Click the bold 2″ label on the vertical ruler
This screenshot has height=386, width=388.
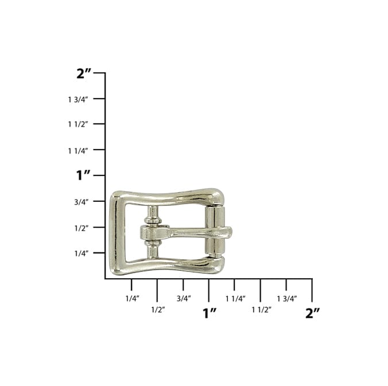click(x=84, y=73)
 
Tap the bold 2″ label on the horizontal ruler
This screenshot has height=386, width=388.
click(x=312, y=313)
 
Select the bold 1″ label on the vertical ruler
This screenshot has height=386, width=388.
click(x=84, y=176)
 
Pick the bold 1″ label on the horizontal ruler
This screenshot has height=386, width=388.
click(x=209, y=313)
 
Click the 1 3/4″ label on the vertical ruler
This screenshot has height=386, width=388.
click(x=78, y=99)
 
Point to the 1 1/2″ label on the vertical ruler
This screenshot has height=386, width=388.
click(x=78, y=124)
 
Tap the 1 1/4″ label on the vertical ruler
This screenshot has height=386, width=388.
click(x=78, y=150)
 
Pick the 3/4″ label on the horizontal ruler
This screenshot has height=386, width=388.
click(x=184, y=298)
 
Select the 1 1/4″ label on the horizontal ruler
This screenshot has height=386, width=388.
click(x=235, y=298)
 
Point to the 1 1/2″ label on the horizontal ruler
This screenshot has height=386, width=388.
click(x=261, y=309)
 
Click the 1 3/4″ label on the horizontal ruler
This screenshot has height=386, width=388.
click(x=286, y=298)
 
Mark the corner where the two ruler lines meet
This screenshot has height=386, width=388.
click(x=105, y=279)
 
